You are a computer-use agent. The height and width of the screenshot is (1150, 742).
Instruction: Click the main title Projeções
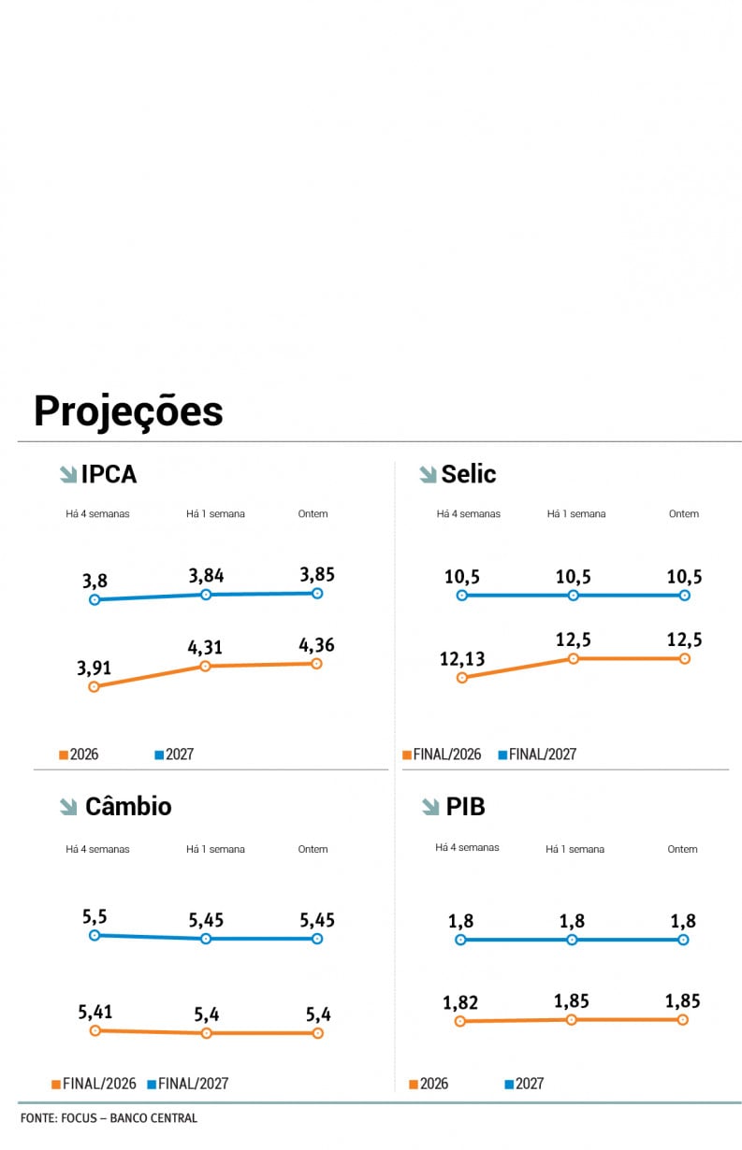coord(128,411)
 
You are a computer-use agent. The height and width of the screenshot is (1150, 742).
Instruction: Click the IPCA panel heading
coord(109,474)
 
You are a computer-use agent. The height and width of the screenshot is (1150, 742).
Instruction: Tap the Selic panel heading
coord(468,474)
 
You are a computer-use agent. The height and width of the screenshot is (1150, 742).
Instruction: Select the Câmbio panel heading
coord(128,806)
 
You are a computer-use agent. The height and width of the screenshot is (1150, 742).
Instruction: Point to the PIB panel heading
coord(465,806)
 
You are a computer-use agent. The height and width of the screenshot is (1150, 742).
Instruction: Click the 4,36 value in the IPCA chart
coord(317,645)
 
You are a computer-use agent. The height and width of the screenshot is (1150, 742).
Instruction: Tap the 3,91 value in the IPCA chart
coord(95,668)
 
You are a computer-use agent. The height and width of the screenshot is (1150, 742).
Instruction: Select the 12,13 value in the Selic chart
coord(461,659)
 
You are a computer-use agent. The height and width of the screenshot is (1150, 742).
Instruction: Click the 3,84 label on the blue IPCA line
coord(206,576)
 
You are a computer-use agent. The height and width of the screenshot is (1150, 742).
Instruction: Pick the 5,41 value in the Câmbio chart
coord(95,1012)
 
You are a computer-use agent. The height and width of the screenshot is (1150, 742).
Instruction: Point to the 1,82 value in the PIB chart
coord(460,1003)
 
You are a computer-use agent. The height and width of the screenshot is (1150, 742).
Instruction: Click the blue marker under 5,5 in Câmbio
coord(94,935)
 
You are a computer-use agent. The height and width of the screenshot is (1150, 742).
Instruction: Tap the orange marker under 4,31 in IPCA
coord(206,666)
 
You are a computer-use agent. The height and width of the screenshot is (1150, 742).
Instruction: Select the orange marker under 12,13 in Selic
coord(461,677)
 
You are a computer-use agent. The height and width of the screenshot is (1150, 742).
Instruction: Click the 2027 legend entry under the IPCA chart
coord(179,755)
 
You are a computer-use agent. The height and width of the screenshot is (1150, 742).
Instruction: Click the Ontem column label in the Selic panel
coord(684,513)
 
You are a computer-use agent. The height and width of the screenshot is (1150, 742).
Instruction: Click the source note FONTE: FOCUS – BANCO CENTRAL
coord(109,1118)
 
